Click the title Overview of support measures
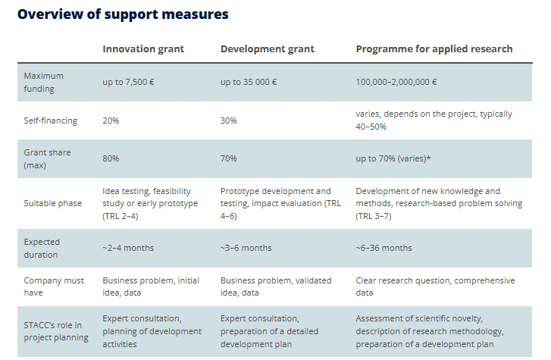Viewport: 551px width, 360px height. coord(123,14)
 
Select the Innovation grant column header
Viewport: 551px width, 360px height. coord(143,49)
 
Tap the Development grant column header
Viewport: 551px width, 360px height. coord(268,49)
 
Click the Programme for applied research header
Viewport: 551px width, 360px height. coord(434,49)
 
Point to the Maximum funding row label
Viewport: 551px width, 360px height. coord(43,83)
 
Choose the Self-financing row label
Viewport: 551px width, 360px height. coord(51,121)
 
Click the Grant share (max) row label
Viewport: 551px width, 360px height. coord(48,158)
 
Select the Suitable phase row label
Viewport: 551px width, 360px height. coord(53,203)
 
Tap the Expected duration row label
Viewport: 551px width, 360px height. coord(42,248)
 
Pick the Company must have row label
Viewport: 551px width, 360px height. coord(54,286)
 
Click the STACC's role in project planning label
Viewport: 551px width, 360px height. coord(56,331)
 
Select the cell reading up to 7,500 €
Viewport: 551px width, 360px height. coord(128,83)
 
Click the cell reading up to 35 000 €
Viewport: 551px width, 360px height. coord(249,83)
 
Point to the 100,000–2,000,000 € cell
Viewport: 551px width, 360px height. coord(396,83)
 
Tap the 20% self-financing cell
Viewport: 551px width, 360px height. coord(111,121)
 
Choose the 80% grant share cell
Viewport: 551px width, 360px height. coord(111,158)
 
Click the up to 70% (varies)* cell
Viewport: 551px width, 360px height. coord(393,158)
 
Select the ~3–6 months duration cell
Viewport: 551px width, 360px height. coord(246,248)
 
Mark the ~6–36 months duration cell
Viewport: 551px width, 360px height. coord(384,248)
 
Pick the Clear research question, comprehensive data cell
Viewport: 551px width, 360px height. coord(435,286)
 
